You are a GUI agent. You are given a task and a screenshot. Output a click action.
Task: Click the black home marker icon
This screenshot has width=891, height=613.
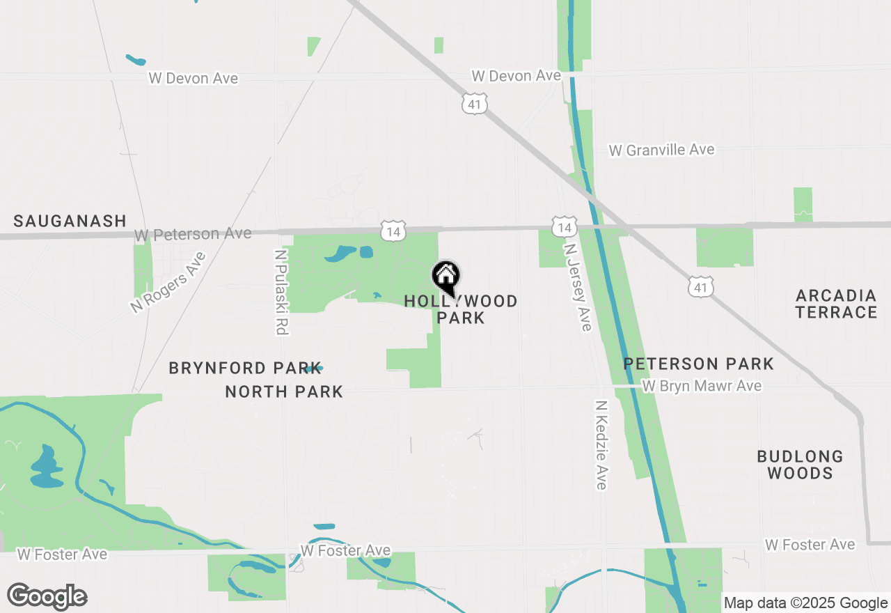pos(445,277)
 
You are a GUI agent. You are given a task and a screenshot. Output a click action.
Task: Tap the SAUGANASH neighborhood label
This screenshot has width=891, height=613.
pos(70,222)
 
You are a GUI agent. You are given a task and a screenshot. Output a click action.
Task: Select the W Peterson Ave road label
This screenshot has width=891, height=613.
pos(193,234)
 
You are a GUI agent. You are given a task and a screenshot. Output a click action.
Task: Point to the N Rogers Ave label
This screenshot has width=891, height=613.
pos(168,281)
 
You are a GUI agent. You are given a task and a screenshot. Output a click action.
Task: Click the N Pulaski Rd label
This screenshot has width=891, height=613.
pos(281,293)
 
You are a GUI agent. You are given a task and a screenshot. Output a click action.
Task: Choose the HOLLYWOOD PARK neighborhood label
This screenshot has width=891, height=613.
pos(461,309)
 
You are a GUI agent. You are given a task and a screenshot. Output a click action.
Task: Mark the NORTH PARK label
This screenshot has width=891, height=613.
pos(284,392)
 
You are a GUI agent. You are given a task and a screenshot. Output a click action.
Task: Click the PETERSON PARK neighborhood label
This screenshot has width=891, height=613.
pos(698,364)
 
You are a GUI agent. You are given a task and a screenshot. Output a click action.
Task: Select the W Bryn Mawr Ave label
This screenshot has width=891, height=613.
pos(702,386)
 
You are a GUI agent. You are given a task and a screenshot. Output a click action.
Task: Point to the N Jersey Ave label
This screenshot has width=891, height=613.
pos(578,286)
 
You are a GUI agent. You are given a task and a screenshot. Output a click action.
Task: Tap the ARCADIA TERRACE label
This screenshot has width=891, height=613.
pos(836,304)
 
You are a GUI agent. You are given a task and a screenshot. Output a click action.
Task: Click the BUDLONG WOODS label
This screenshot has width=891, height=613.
pos(800,465)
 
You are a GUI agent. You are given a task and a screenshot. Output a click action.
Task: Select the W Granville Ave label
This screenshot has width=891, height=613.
pos(661,150)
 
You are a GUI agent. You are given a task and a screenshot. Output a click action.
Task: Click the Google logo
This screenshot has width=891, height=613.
pos(47,596)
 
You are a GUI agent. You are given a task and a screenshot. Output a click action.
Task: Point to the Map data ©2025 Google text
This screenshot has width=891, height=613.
pos(805,603)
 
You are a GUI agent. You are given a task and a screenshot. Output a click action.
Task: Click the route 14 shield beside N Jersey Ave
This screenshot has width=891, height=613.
pos(565,227)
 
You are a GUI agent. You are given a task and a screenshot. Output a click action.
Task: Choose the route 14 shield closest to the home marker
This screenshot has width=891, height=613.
pos(393,231)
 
